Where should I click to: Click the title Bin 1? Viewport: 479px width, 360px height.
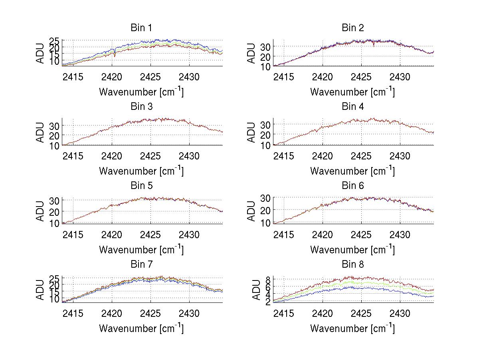141,28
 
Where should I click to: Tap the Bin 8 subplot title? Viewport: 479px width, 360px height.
353,265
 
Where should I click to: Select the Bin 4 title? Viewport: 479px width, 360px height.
353,107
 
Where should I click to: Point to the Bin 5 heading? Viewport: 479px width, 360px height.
141,186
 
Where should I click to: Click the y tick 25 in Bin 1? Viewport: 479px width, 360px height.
54,41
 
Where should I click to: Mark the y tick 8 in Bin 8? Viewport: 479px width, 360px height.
269,279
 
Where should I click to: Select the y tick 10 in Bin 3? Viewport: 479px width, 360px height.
54,145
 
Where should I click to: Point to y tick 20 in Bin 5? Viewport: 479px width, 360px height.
54,211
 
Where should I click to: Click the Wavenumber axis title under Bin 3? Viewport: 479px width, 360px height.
141,171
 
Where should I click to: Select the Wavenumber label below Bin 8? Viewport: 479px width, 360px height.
353,328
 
